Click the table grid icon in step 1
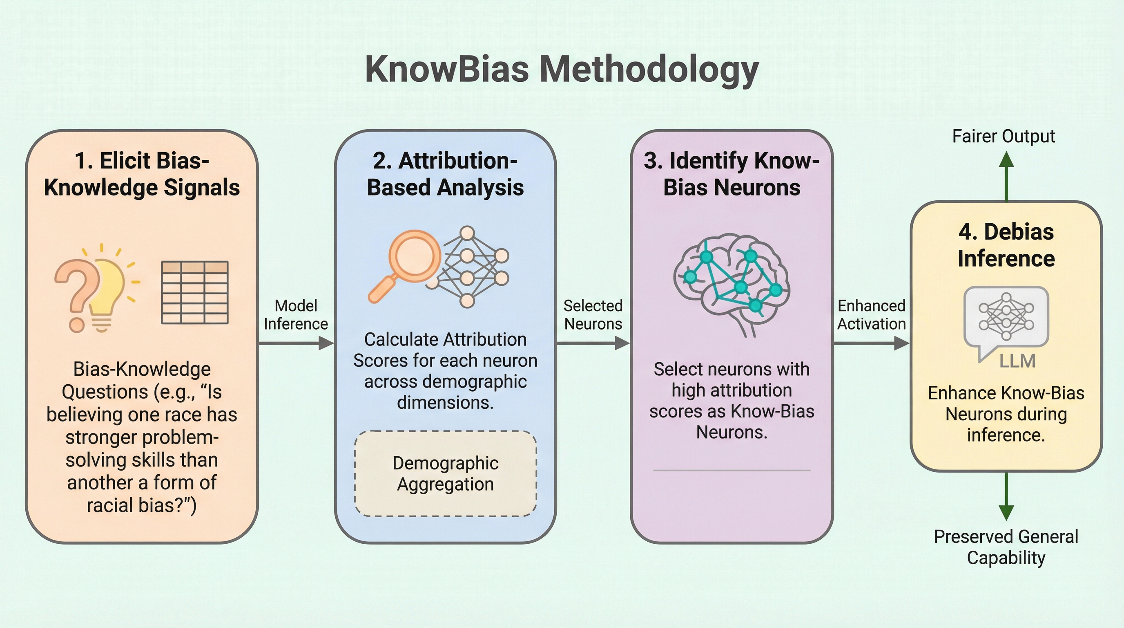coord(194,292)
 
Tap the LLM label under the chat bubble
coord(1017,361)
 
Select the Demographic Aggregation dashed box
coord(445,473)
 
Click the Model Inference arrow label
coord(296,315)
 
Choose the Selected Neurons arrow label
coord(593,315)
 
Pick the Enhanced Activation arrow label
coord(871,315)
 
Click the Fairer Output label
coord(1003,136)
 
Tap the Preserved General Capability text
coord(1006,547)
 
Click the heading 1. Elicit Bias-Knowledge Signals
coord(142,174)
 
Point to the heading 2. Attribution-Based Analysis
coord(445,174)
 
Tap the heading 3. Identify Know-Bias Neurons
coord(732,174)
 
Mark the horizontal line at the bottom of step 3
coord(732,470)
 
